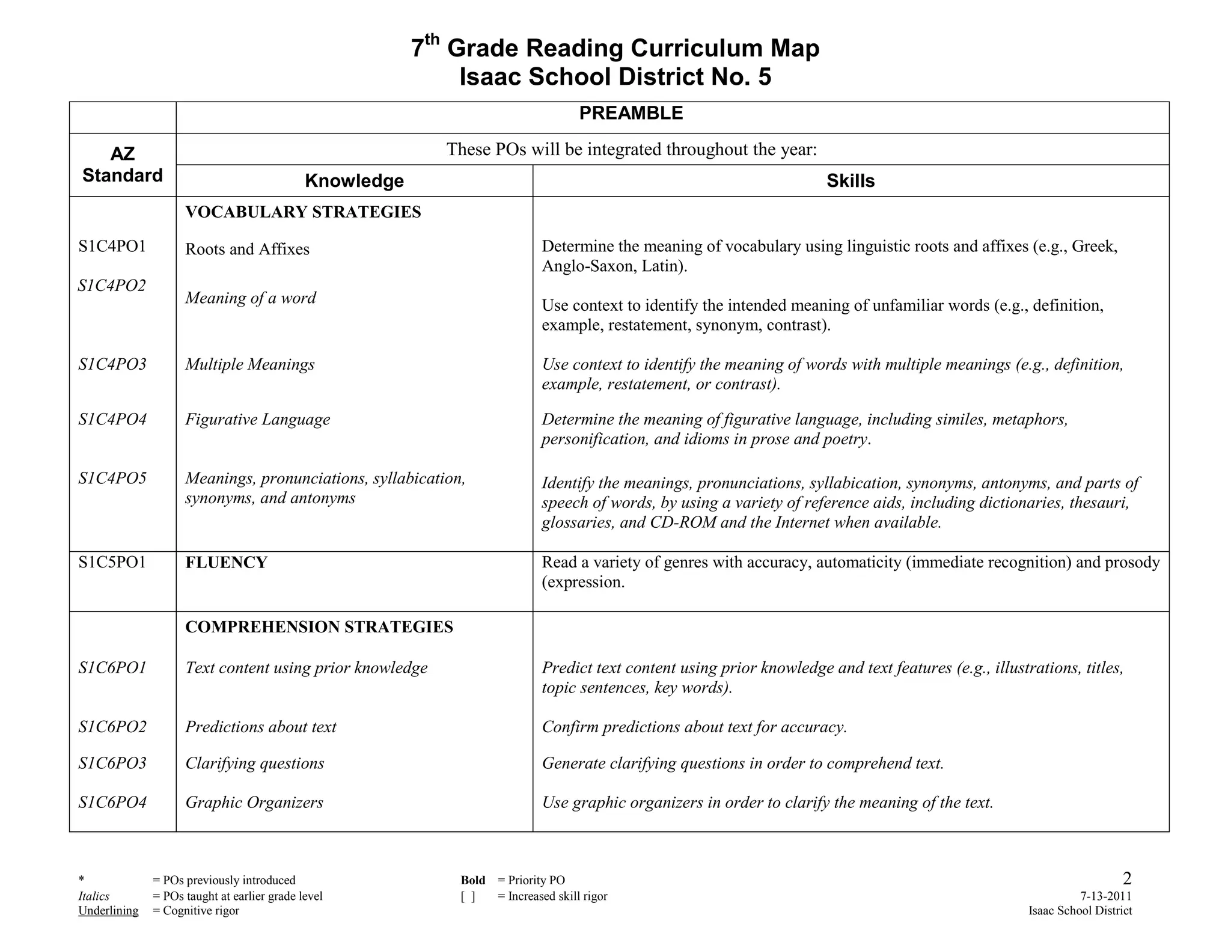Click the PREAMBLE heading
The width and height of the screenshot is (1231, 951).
point(631,113)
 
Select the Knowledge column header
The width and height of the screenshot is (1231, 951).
point(354,181)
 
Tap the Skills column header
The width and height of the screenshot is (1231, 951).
point(850,181)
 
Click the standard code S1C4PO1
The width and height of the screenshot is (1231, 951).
point(112,246)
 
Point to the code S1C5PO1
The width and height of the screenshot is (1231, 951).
point(112,562)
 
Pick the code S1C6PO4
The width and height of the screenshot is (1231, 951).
point(112,803)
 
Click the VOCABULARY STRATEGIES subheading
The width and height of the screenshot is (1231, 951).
point(303,212)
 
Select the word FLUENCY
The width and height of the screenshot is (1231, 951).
point(226,563)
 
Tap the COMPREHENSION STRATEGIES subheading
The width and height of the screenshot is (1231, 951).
point(319,627)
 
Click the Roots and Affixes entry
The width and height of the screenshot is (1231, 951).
point(247,249)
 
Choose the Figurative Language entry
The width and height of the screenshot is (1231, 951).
point(257,420)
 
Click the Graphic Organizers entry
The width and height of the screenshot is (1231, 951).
point(254,803)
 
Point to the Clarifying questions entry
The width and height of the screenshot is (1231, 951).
point(254,763)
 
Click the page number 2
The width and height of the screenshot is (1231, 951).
point(1127,878)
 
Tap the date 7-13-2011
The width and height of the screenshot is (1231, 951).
point(1106,896)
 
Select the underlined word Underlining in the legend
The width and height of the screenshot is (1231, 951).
point(108,911)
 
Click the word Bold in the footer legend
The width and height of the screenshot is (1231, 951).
point(473,881)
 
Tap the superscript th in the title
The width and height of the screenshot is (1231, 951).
point(432,40)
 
